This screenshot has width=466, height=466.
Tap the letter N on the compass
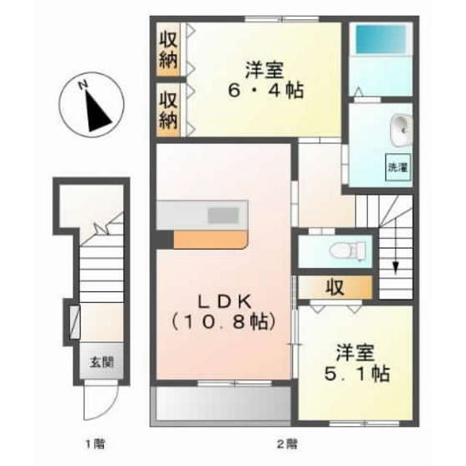coord(82,85)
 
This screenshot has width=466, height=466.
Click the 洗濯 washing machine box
coord(399,166)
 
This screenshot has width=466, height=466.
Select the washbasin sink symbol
coord(398,128)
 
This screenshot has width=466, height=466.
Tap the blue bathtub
coord(379,38)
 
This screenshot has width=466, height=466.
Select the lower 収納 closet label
coord(169,109)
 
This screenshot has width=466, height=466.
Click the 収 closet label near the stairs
coord(335,288)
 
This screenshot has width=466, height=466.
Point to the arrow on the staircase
coord(395,265)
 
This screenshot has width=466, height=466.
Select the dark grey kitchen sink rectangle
coord(222,216)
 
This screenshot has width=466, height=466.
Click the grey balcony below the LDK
coord(221,405)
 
